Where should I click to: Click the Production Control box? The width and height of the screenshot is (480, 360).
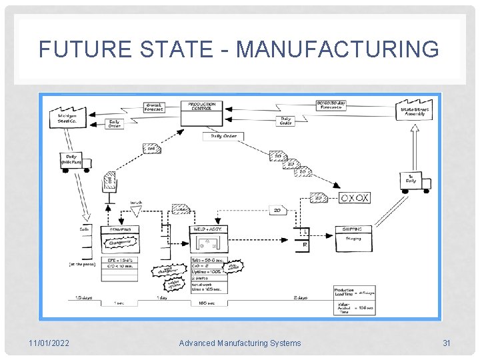pos(201,113)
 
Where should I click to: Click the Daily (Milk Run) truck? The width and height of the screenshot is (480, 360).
pos(75,162)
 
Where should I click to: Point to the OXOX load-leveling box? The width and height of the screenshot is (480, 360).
pos(354,198)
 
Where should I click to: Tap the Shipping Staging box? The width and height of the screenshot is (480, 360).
pos(353,239)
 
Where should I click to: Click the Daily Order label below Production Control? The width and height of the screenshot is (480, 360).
pos(223,136)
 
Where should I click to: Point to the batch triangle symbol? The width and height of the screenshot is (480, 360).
pos(135,211)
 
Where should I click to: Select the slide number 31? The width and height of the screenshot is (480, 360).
pos(447,343)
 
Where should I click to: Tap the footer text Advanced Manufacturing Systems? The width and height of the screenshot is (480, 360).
pos(240,343)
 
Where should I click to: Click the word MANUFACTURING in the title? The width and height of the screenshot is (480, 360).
pos(338,49)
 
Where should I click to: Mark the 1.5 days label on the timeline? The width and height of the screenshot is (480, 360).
pos(83,297)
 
